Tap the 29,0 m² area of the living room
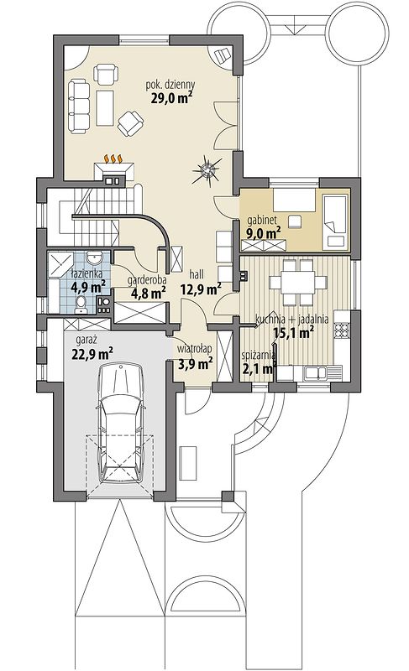tap(170, 98)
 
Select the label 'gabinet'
tap(262, 221)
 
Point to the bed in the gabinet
tap(334, 221)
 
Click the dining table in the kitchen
tap(298, 282)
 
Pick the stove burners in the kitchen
tap(342, 329)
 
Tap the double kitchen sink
tap(316, 372)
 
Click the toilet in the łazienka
tap(81, 304)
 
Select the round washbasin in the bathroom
tap(94, 257)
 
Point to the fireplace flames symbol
tap(113, 159)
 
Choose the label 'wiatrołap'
tap(195, 349)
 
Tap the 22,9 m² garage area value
tap(92, 354)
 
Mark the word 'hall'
tap(197, 274)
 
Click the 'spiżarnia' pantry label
tap(258, 355)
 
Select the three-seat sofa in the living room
tap(79, 106)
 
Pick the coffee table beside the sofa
tap(105, 107)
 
